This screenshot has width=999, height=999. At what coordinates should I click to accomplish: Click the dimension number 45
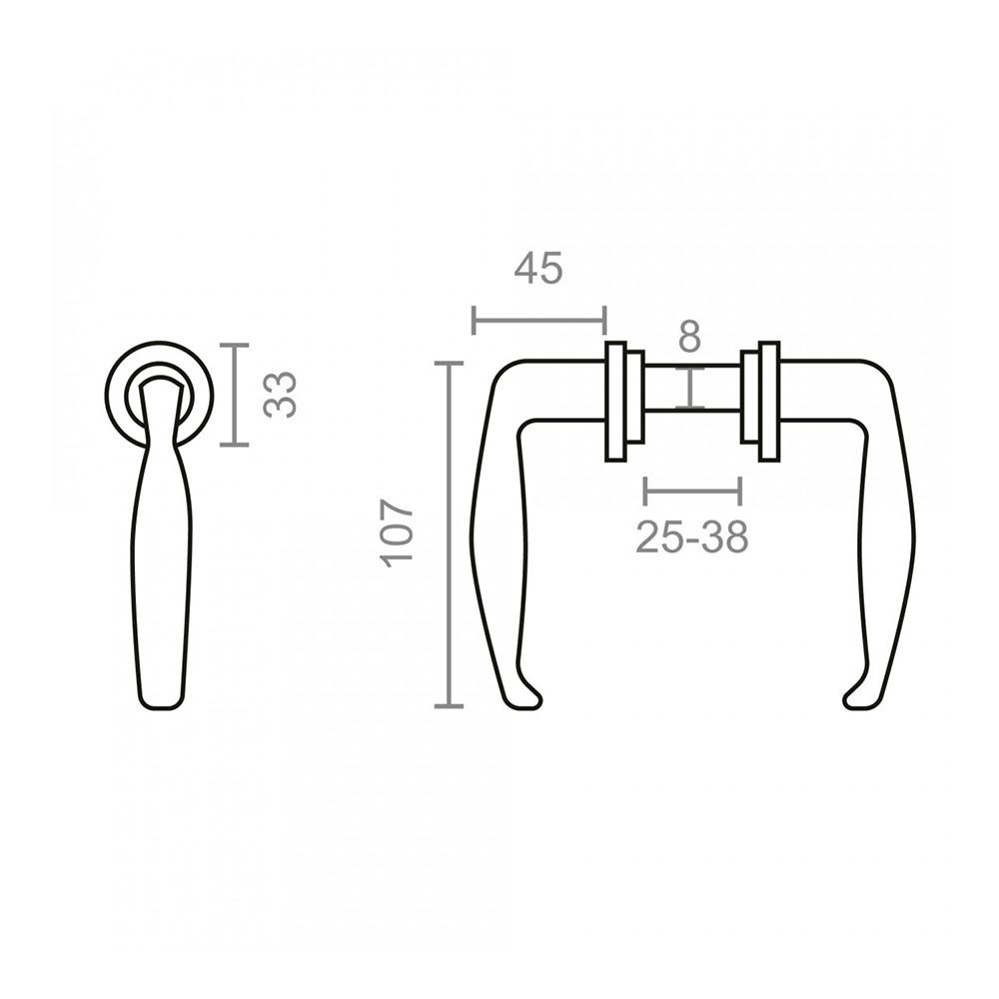pos(538,268)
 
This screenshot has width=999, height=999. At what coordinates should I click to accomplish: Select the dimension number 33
pos(281,395)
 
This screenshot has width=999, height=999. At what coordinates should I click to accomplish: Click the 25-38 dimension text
pos(692,536)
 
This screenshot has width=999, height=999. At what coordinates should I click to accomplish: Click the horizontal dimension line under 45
pos(539,320)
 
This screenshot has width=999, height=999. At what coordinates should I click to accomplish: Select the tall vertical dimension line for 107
pos(449,533)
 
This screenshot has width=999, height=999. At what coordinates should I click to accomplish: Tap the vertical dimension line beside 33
pos(234,395)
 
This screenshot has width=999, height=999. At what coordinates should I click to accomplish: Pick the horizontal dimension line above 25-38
pos(692,492)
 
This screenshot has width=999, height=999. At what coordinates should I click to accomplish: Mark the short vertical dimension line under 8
pos(690,388)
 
